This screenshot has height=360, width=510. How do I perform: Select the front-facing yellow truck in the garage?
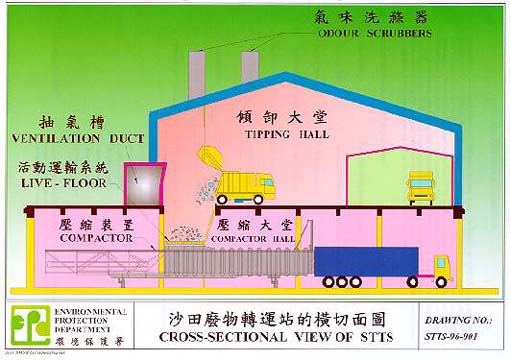[419, 186]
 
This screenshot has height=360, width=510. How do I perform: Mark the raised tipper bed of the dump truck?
[212, 161]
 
